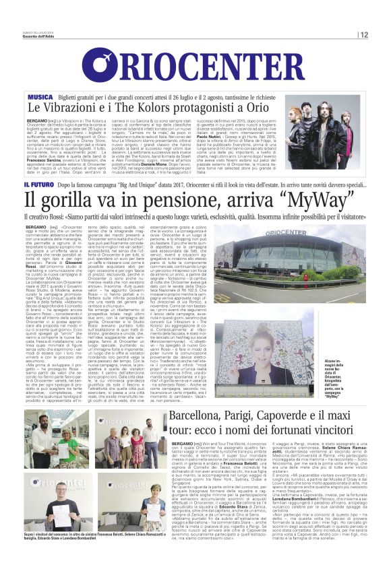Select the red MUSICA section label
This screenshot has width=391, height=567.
(x=40, y=98)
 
